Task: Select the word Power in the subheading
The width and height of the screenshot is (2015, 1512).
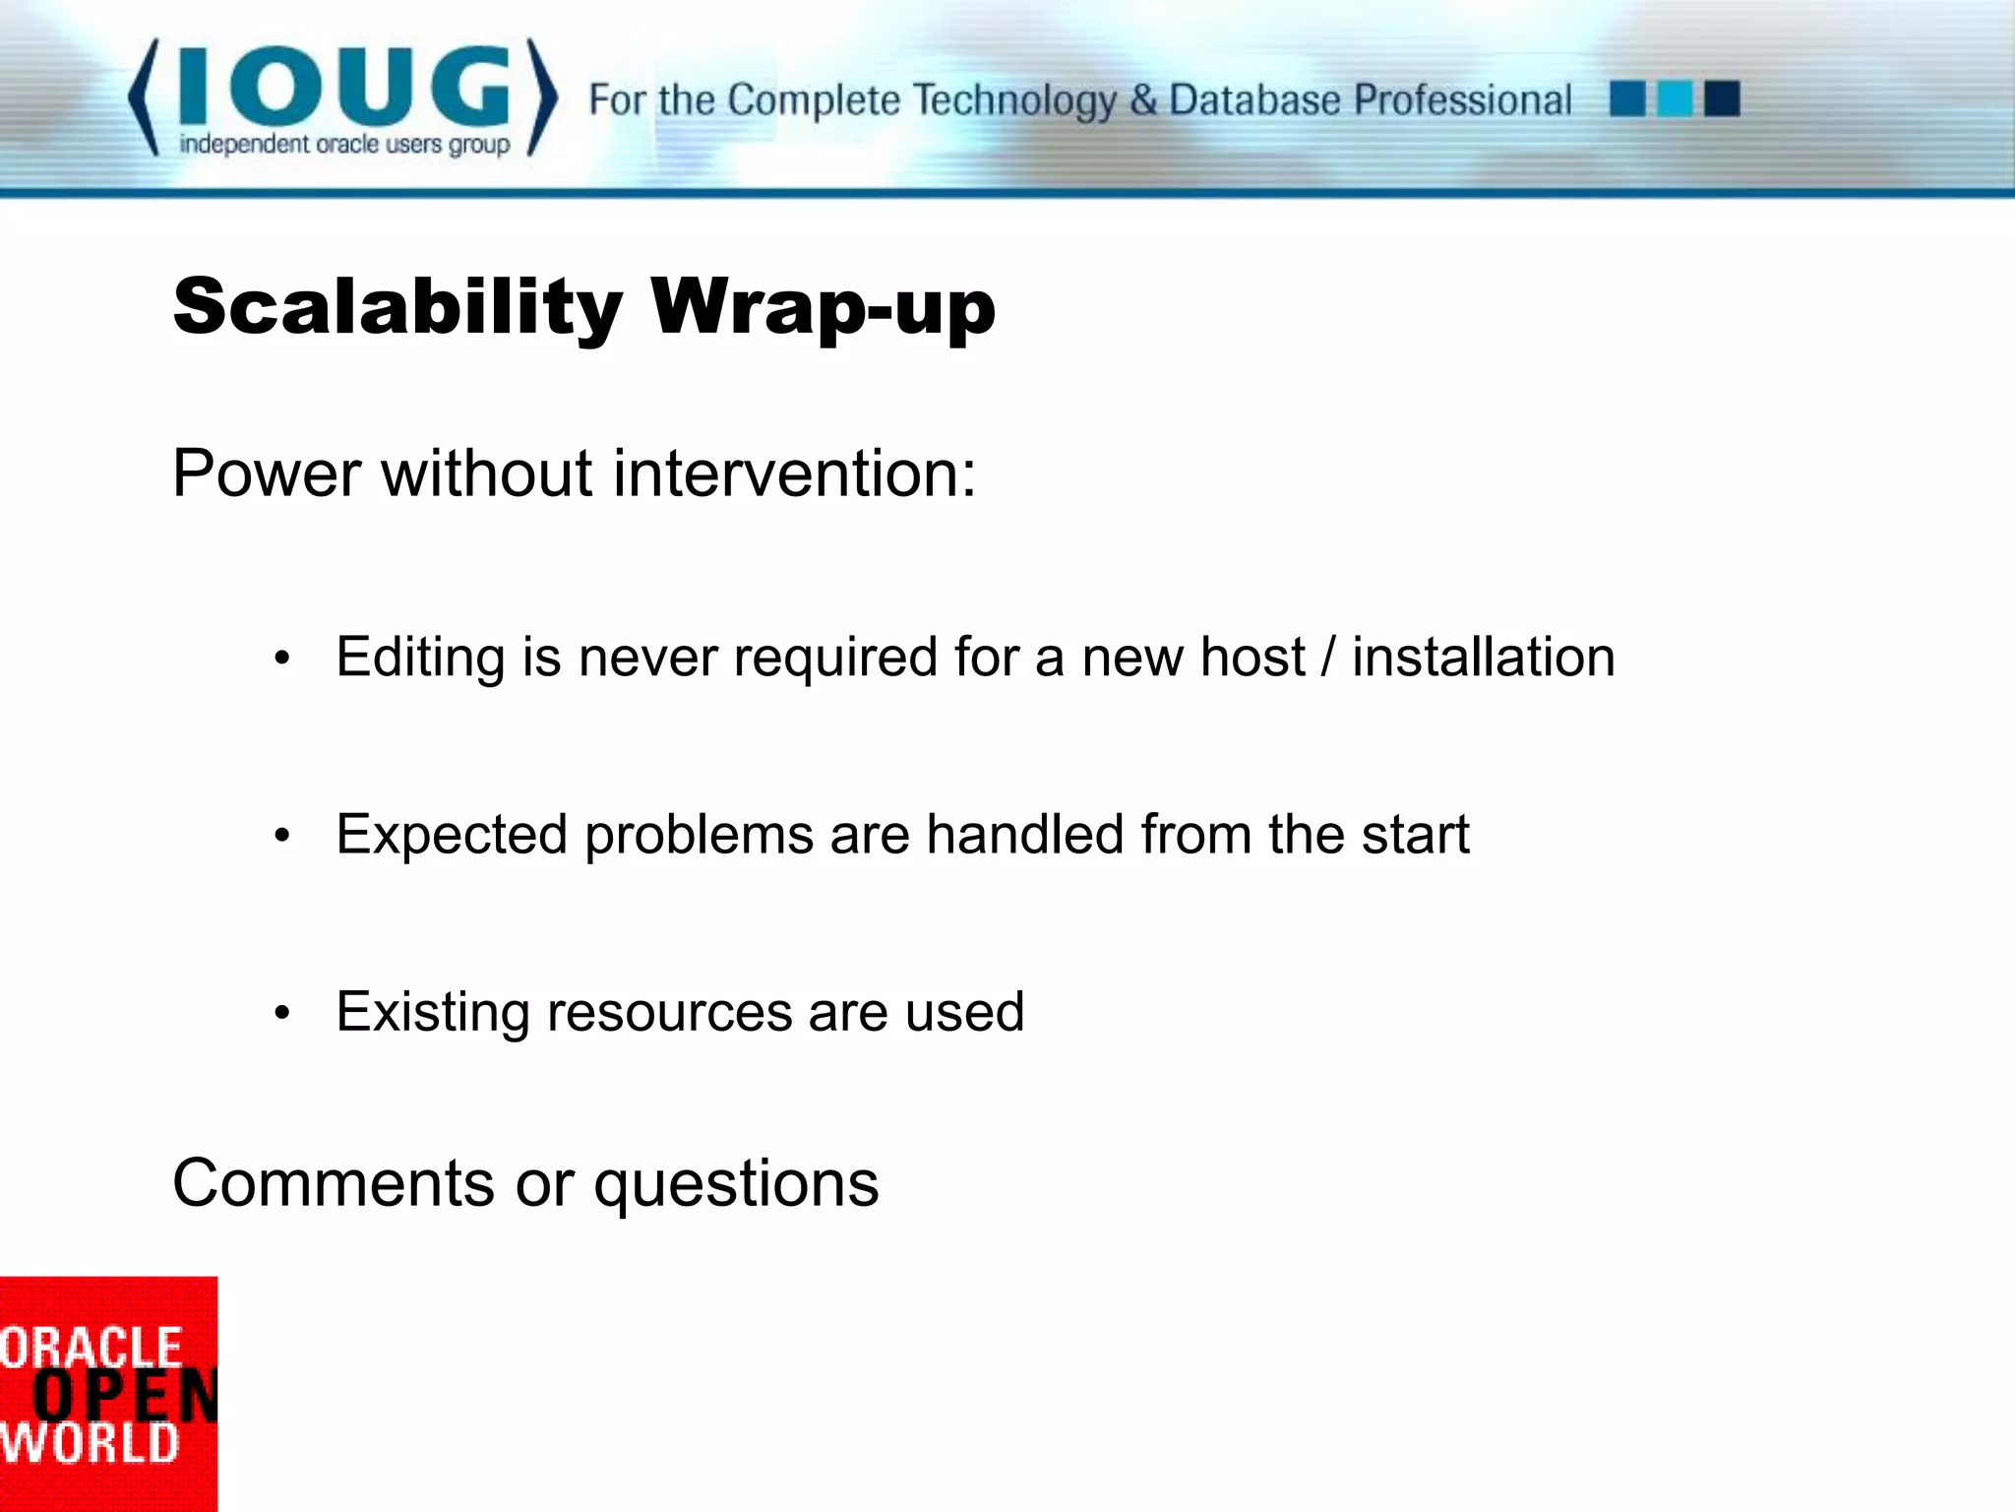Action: (267, 473)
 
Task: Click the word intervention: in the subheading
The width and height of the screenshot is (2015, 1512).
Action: (795, 473)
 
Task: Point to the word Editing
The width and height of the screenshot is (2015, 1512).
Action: (420, 658)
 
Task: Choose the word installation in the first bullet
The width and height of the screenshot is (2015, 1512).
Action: (1484, 658)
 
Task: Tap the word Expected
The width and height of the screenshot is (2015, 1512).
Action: (452, 835)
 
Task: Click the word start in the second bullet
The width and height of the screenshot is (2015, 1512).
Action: (1415, 835)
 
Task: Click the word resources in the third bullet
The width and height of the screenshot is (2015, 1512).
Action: (669, 1012)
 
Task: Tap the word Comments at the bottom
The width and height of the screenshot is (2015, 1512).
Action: (334, 1182)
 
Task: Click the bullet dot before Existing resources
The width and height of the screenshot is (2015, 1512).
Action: (282, 1013)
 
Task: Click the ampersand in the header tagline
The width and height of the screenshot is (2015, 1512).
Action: (1142, 99)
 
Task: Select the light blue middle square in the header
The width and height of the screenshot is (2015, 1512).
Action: (1675, 98)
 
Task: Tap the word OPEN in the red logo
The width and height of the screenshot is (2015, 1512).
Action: (124, 1395)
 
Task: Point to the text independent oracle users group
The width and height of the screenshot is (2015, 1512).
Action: (344, 145)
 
